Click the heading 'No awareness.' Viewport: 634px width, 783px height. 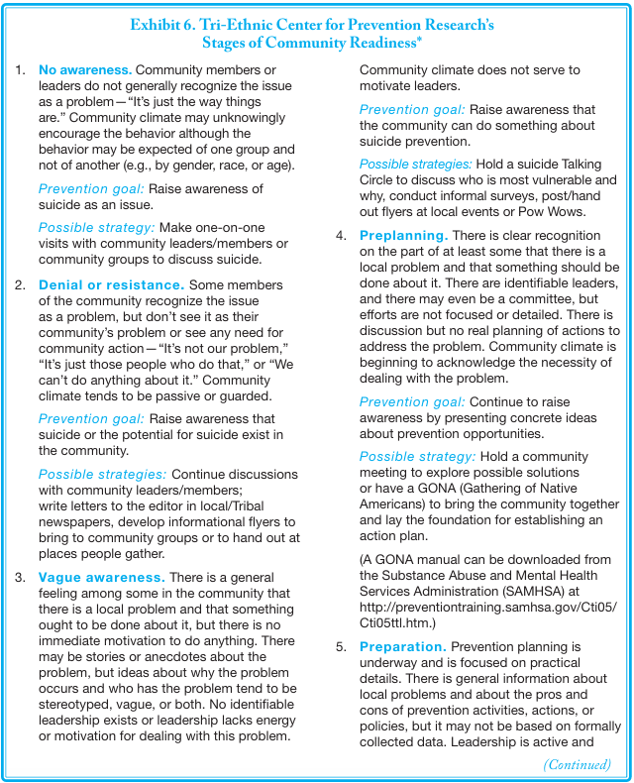(84, 70)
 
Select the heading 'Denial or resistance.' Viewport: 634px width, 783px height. (111, 284)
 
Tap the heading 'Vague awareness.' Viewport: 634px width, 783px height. (101, 577)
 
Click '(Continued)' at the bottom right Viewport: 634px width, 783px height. (577, 764)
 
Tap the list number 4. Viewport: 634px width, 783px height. (341, 236)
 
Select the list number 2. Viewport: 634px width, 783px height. (21, 284)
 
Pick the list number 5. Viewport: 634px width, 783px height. (341, 646)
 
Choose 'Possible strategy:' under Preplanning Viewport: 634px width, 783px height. (417, 456)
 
